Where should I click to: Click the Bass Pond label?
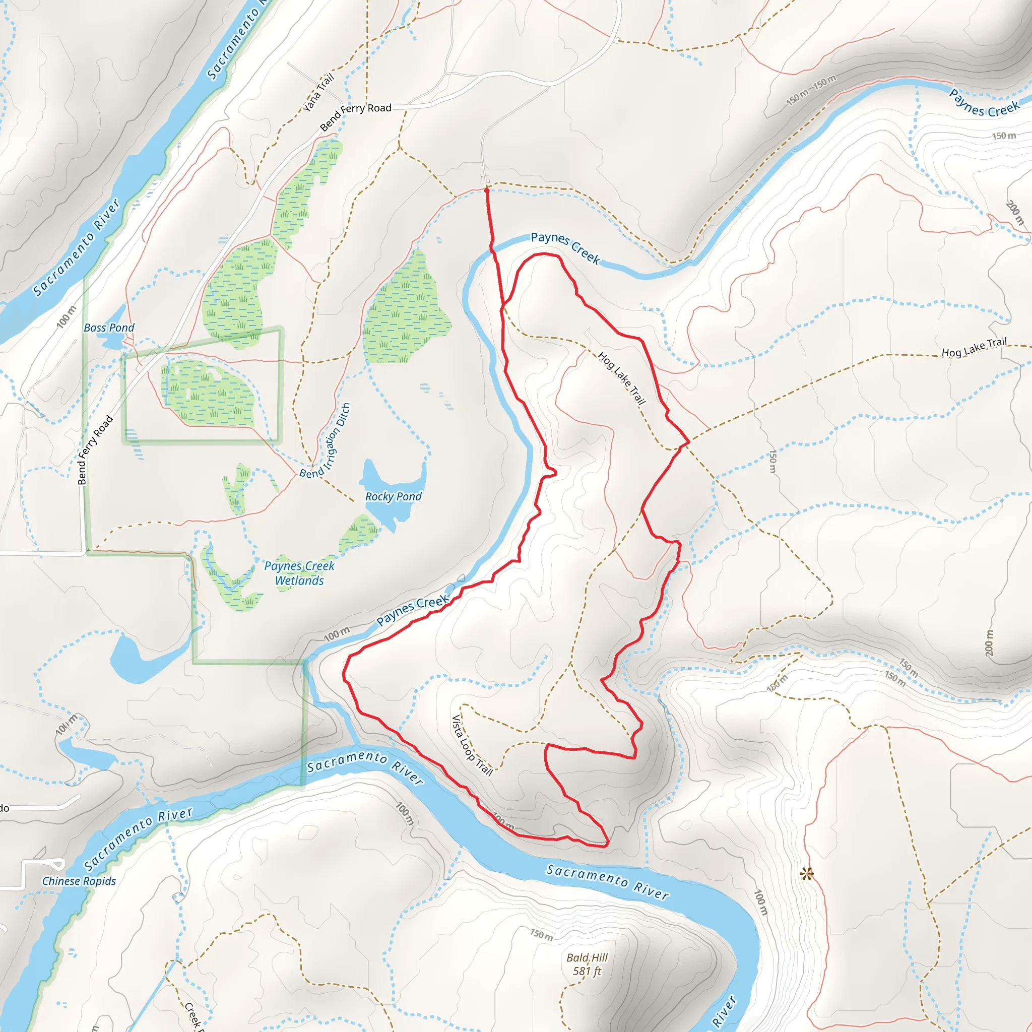109,328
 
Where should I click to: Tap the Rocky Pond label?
393,496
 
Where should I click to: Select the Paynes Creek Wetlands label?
299,573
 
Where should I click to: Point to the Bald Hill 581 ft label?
587,964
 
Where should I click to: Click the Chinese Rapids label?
79,881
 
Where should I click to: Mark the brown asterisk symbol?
807,874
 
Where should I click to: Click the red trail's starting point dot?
487,189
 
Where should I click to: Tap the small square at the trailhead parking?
485,179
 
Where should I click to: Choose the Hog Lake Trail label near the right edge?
974,347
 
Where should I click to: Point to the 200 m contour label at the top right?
1014,213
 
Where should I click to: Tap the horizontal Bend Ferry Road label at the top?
356,116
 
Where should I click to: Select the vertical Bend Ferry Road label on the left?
95,450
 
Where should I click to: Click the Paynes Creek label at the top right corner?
984,104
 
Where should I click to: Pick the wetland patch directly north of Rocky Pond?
406,312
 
